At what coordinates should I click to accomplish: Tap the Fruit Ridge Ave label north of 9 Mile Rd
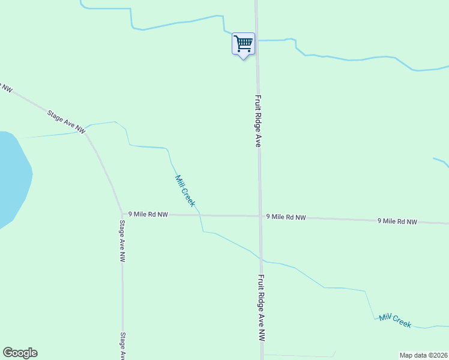[258, 121]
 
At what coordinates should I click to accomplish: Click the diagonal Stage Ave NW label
[65, 119]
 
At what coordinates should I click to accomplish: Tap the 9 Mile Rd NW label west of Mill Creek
[148, 214]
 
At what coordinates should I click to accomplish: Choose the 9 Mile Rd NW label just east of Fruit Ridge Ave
[286, 217]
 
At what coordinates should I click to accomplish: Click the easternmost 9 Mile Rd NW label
[397, 221]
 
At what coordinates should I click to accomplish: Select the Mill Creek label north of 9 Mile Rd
[185, 190]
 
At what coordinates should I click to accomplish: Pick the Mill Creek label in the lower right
[395, 320]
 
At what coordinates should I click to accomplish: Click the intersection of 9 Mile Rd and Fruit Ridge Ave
[260, 216]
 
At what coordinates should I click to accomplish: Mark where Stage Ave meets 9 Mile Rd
[122, 214]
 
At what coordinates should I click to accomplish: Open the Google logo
[20, 353]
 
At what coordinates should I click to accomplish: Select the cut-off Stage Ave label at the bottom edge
[122, 346]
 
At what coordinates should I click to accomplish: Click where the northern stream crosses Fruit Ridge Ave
[257, 40]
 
